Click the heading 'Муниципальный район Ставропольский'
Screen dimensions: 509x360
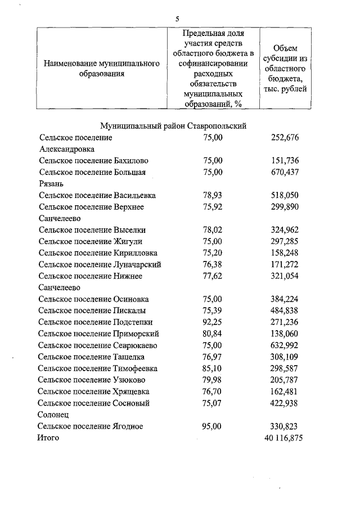(173, 126)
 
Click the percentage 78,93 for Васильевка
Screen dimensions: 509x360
(213, 195)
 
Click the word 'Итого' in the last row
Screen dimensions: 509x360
(48, 438)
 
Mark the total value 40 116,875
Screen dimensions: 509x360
(283, 438)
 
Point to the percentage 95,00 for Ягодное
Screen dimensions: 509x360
(213, 426)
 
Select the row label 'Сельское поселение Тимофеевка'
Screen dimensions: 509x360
(97, 368)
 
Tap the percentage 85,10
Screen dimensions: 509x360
(213, 368)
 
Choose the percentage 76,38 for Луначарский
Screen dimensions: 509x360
(213, 264)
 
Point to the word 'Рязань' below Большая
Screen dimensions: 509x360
(51, 183)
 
